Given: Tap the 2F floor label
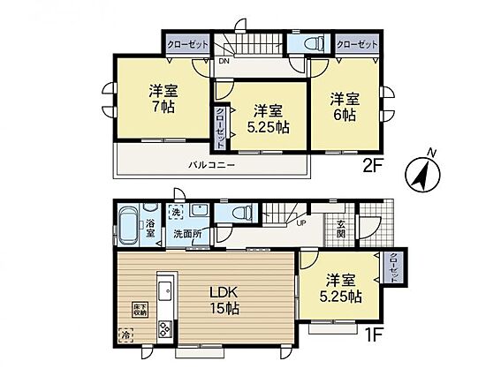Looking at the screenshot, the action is [373, 166].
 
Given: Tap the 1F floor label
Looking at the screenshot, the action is [373, 335].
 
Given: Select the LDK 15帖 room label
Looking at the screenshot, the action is [224, 300].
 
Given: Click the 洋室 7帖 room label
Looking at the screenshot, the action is [163, 99].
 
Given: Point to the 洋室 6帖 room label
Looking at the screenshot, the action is [345, 107].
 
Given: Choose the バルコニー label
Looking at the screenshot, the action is [211, 165].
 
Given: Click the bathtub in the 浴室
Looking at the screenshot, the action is [128, 225].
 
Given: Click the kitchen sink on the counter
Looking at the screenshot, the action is [165, 290].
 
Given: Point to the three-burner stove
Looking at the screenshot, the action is [165, 329].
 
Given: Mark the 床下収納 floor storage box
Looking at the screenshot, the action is [140, 310].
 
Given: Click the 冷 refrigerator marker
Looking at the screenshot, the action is [125, 335].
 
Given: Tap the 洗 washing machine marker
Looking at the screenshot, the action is [176, 212].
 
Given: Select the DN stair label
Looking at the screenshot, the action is [224, 62].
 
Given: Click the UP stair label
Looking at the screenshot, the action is [301, 223].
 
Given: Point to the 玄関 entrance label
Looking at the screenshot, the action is [341, 229].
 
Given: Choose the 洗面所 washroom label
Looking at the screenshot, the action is [187, 234].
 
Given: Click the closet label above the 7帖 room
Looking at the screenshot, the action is [187, 45].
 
